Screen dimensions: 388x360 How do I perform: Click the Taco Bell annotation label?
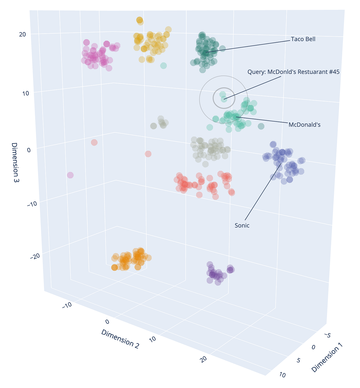(303, 39)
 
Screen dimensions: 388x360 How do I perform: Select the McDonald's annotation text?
(304, 125)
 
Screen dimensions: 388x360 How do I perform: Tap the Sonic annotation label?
(242, 225)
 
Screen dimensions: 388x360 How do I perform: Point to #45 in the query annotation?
(334, 72)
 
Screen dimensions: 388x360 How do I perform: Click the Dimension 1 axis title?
(327, 359)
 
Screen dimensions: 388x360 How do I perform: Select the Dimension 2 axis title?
(120, 339)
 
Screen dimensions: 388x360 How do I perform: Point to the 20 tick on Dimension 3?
(22, 34)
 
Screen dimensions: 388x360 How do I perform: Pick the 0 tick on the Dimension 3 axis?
(29, 150)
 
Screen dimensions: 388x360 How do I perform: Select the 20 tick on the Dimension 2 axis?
(204, 359)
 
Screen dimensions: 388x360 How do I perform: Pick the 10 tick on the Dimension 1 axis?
(282, 375)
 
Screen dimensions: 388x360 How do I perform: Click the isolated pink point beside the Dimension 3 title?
(70, 175)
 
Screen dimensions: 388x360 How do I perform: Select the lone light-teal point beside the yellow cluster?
(163, 65)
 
